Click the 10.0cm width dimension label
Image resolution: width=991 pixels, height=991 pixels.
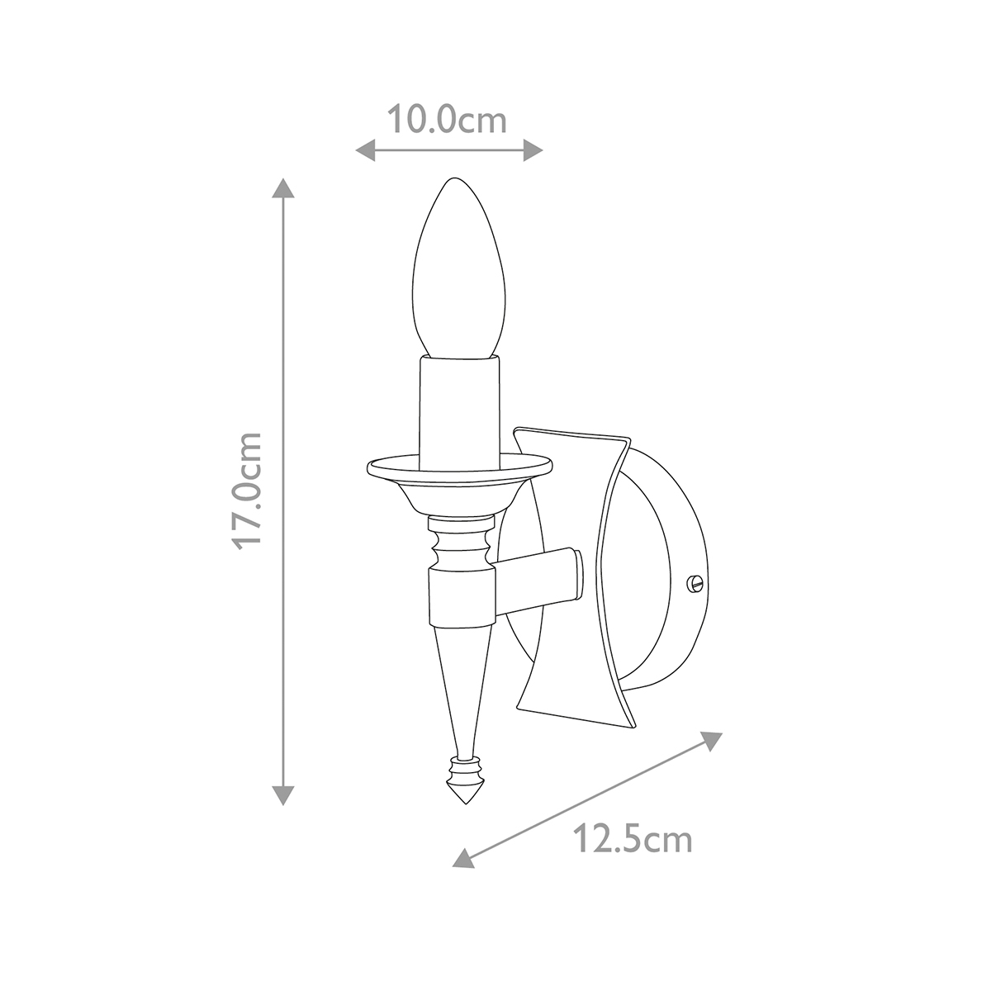[x=447, y=120]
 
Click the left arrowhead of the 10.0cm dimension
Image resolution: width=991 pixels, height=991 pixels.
[x=365, y=150]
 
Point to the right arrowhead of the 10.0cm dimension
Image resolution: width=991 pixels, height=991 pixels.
[x=533, y=150]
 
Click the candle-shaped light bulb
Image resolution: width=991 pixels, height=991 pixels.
[x=459, y=268]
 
